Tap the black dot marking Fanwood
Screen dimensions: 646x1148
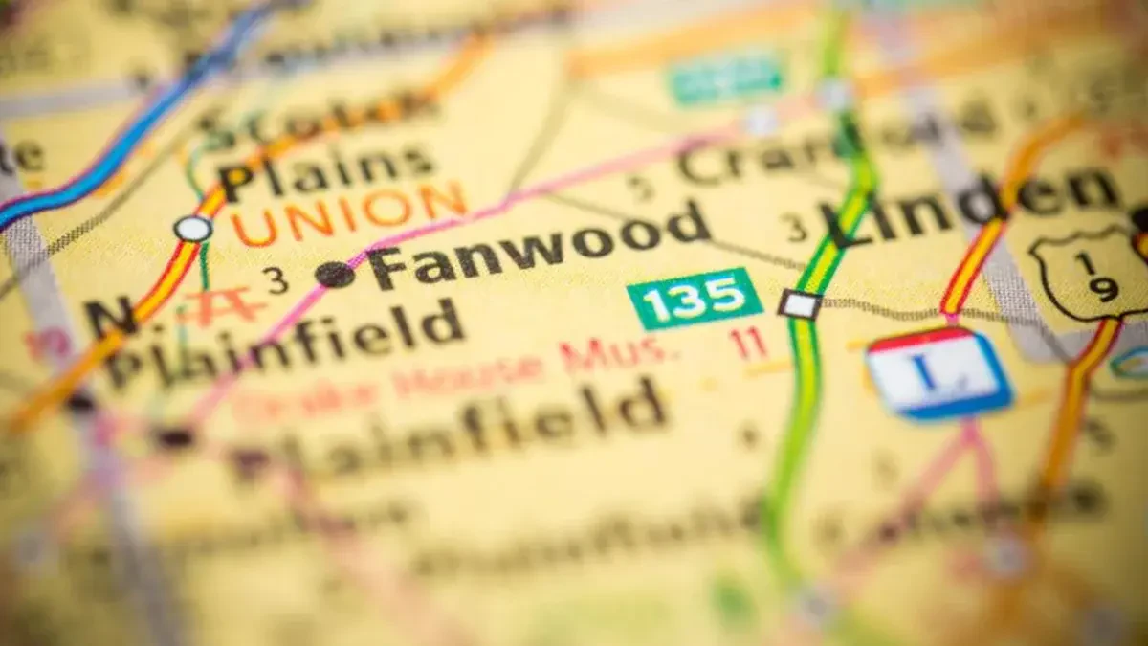[335, 275]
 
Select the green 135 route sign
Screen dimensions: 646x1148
[695, 298]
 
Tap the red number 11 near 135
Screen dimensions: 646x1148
[748, 344]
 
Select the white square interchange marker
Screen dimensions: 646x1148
[799, 304]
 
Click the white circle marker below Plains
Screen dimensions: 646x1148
[193, 229]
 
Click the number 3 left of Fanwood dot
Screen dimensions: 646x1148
[276, 280]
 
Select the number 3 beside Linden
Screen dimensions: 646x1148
[794, 227]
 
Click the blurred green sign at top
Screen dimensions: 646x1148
[727, 78]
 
